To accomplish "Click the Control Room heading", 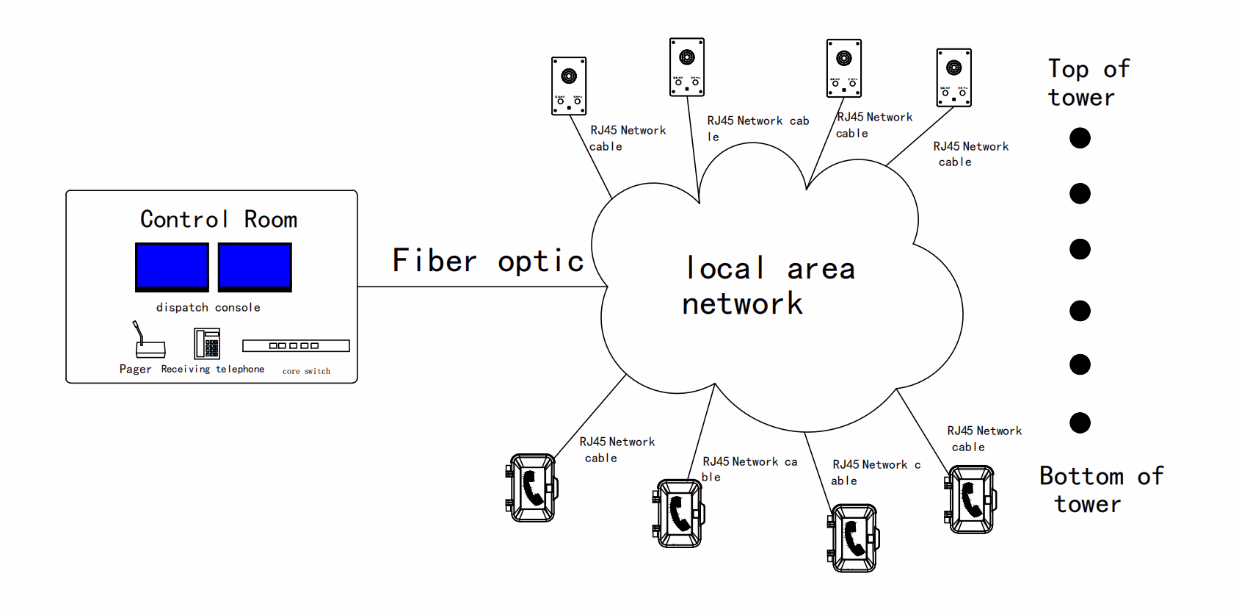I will point(219,219).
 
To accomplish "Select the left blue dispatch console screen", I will point(172,267).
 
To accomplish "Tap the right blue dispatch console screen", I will point(255,267).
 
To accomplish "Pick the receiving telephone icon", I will point(207,343).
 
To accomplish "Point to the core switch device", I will point(296,345).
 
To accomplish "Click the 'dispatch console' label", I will point(208,307).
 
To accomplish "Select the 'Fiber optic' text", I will point(487,262).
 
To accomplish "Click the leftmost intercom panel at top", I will point(569,86).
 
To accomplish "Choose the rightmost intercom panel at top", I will point(953,78).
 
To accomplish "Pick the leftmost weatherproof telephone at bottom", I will point(532,488).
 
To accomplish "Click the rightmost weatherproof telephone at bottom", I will point(970,500).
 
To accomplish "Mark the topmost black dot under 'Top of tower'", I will point(1080,138).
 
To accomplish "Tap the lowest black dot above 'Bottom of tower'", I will point(1080,422).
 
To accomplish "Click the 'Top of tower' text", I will point(1088,82).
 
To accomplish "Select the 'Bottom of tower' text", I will point(1100,490).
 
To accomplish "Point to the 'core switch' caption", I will point(306,371).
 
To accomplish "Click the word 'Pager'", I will point(135,369).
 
